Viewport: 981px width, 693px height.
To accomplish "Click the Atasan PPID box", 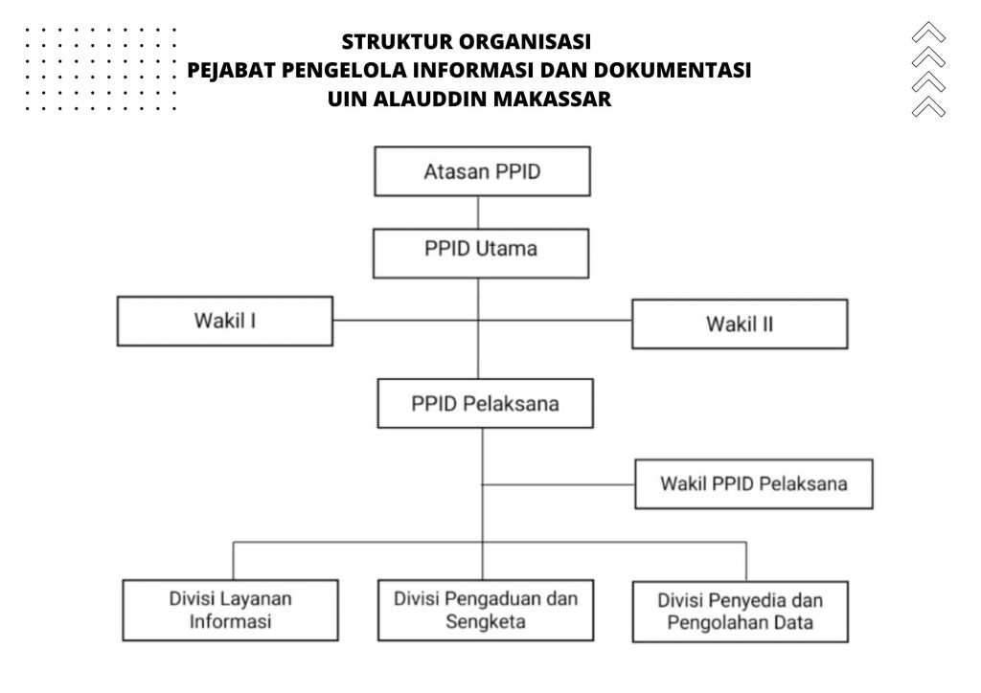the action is [x=482, y=171].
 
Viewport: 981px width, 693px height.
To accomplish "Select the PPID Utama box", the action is [x=481, y=253].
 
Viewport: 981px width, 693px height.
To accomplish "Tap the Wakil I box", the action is [x=224, y=322].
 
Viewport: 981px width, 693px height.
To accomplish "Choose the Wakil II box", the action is [x=740, y=324].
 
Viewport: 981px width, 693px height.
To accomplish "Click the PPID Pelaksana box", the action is [x=485, y=403].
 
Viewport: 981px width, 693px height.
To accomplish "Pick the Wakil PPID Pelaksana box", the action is [x=753, y=484].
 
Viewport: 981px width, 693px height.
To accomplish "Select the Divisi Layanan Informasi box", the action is [x=230, y=610].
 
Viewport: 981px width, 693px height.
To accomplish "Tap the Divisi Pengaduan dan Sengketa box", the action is [x=486, y=610].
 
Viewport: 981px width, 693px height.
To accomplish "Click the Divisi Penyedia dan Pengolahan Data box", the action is [x=741, y=612].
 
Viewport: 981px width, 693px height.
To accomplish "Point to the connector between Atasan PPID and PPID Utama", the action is [x=478, y=212].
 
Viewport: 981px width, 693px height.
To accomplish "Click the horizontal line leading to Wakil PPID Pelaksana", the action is [x=559, y=484].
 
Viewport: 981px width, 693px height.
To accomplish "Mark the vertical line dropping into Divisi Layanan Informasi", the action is [x=234, y=561].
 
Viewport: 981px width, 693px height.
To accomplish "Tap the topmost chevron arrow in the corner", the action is [x=928, y=32].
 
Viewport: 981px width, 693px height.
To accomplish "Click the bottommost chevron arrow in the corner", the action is [x=928, y=106].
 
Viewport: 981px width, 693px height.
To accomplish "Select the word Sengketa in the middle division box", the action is [x=486, y=622].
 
